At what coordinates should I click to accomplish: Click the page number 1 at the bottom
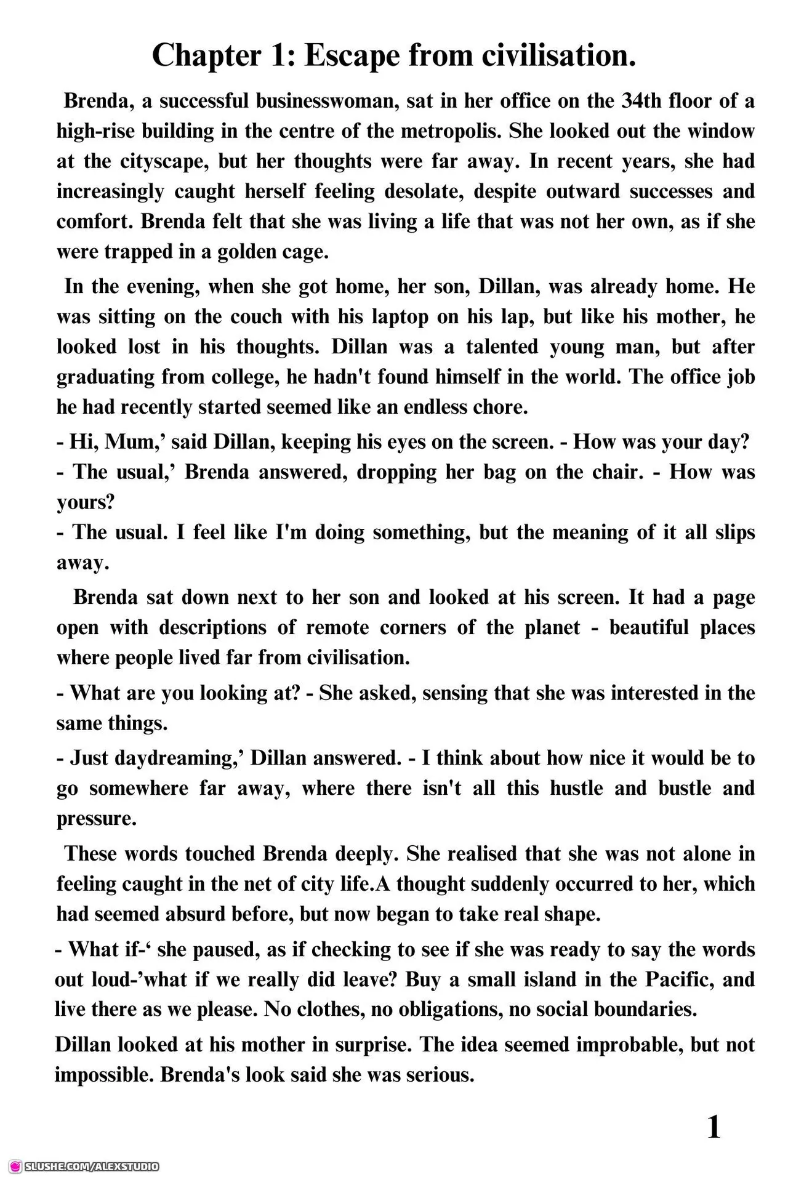click(x=714, y=1128)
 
